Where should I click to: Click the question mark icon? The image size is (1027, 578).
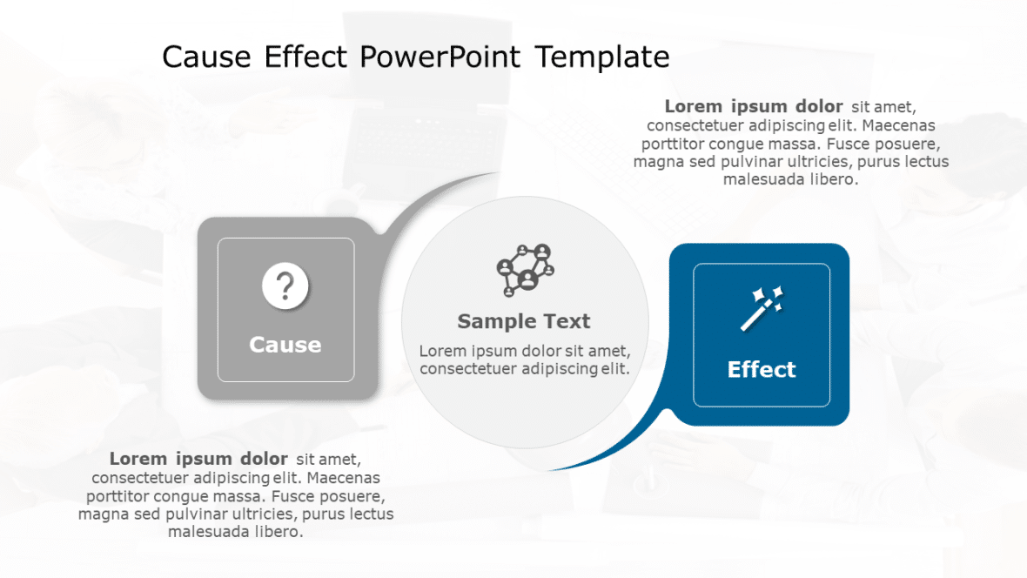point(285,287)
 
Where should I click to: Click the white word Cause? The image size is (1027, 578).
point(285,345)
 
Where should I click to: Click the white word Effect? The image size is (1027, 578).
point(762,369)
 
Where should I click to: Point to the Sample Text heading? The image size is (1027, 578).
point(524,321)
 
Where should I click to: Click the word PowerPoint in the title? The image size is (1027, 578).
point(440,57)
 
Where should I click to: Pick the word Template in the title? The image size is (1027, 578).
point(602,57)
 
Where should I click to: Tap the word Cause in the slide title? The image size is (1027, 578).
point(207,57)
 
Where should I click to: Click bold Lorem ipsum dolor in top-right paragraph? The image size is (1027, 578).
point(754,106)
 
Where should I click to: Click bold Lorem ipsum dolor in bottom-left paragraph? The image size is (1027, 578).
point(198,458)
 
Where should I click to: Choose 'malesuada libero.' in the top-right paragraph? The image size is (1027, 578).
point(790,179)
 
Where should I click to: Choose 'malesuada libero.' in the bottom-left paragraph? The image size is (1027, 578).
point(235,531)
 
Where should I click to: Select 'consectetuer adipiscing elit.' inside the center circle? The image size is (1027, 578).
point(524,368)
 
